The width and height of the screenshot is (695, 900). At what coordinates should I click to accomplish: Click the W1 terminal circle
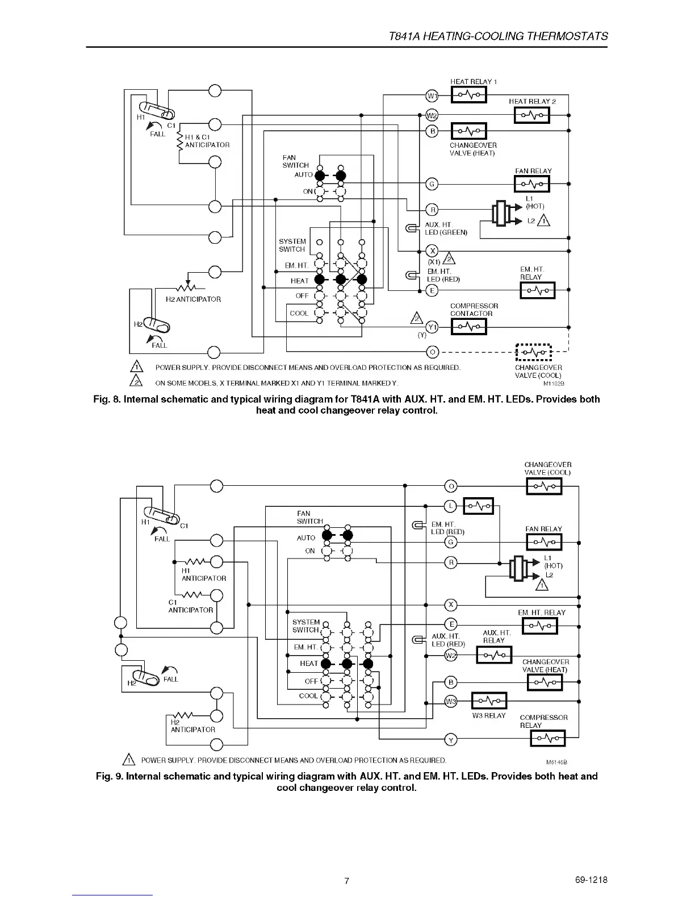pyautogui.click(x=432, y=95)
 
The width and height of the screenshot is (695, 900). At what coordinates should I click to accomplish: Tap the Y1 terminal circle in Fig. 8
pyautogui.click(x=432, y=327)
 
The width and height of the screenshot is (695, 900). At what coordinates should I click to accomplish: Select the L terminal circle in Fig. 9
pyautogui.click(x=450, y=506)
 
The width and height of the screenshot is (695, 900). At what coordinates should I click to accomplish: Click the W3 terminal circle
pyautogui.click(x=450, y=701)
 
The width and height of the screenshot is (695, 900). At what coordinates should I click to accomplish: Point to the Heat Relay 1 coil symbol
pyautogui.click(x=468, y=95)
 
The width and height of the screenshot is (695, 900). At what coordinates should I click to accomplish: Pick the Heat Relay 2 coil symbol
pyautogui.click(x=532, y=115)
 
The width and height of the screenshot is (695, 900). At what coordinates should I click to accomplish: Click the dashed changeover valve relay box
pyautogui.click(x=534, y=352)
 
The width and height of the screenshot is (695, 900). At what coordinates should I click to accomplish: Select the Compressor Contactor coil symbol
pyautogui.click(x=468, y=327)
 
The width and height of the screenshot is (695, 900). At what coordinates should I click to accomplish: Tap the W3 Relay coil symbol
pyautogui.click(x=489, y=701)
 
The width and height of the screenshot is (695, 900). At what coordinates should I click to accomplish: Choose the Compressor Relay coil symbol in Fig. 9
pyautogui.click(x=547, y=739)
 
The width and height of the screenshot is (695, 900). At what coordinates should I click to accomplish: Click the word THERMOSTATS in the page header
pyautogui.click(x=567, y=36)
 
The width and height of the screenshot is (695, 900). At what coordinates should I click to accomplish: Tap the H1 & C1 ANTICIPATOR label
pyautogui.click(x=207, y=141)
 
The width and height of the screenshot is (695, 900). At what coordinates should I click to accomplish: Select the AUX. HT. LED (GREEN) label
pyautogui.click(x=446, y=228)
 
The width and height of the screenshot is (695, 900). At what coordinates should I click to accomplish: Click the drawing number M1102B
pyautogui.click(x=554, y=384)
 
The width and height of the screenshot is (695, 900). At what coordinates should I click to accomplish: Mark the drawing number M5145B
pyautogui.click(x=556, y=762)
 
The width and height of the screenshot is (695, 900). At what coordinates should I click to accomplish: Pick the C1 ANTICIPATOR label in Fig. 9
pyautogui.click(x=190, y=606)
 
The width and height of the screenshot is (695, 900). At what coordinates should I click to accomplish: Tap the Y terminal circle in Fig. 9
pyautogui.click(x=450, y=740)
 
